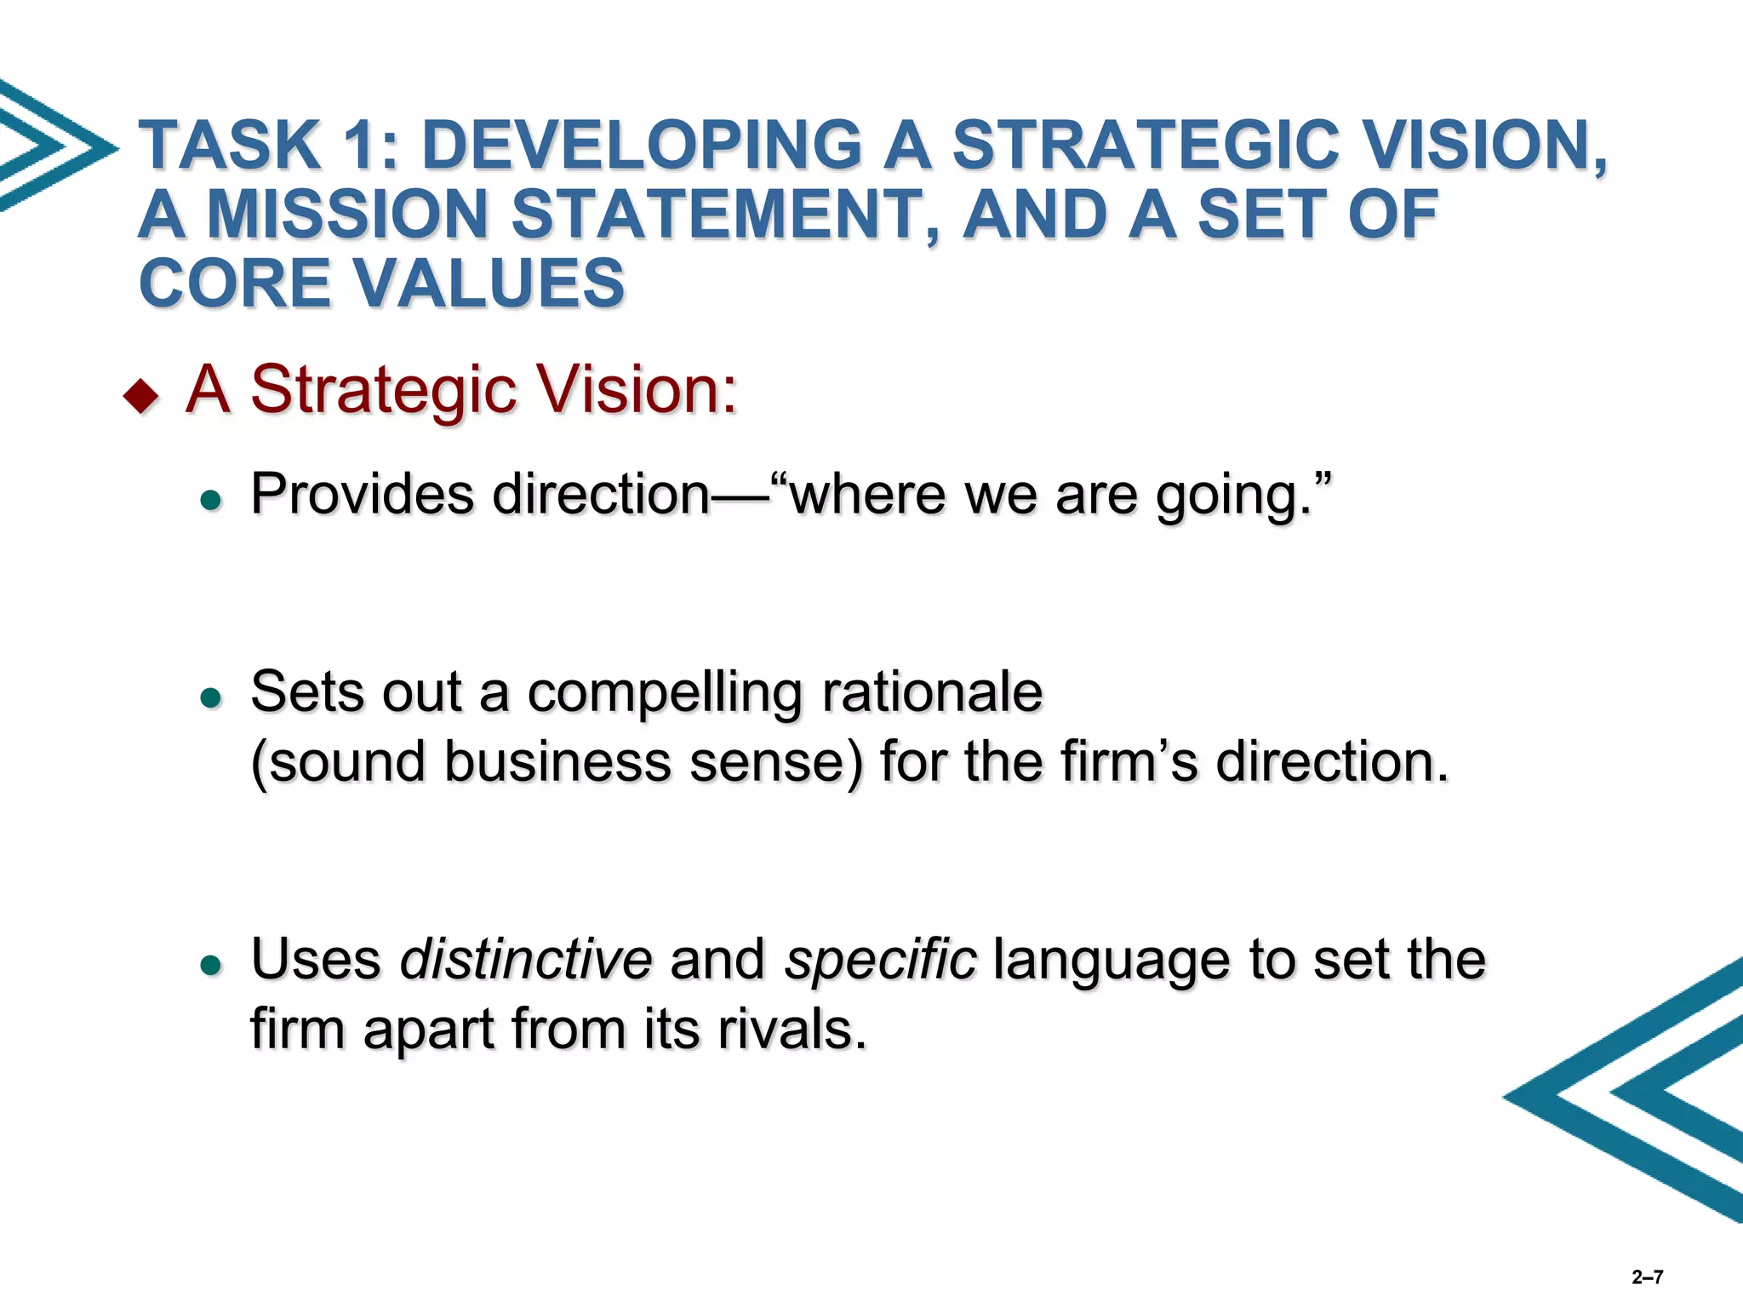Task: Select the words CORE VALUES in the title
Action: tap(382, 284)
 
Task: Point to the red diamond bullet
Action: tap(141, 395)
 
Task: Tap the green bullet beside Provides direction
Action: tap(210, 500)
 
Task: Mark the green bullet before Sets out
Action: tap(210, 698)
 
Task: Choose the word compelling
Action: tap(665, 691)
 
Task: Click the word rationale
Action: tap(932, 691)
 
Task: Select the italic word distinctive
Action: tap(526, 959)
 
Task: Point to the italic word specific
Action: tap(880, 961)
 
